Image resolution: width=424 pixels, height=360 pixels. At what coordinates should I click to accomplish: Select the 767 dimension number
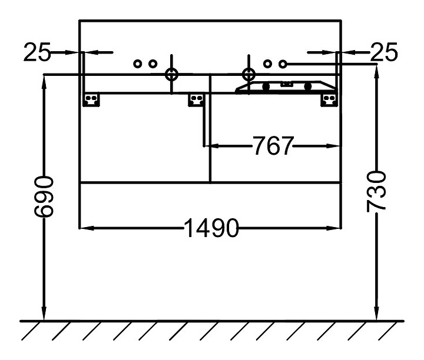click(x=273, y=145)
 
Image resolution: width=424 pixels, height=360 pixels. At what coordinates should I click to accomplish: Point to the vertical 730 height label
click(x=376, y=191)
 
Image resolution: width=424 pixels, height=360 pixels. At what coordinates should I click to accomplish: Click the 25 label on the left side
click(x=37, y=53)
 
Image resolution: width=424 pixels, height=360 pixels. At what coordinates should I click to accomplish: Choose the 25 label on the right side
click(x=385, y=53)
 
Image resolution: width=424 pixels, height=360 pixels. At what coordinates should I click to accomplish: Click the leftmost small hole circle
click(x=138, y=64)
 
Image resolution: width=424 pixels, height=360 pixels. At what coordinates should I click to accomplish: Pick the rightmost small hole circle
click(x=283, y=63)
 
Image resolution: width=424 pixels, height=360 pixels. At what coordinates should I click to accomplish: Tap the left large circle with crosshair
click(x=172, y=75)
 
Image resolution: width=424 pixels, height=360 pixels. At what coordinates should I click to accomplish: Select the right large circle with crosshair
click(x=249, y=75)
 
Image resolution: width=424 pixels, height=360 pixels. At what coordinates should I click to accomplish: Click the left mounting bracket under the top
click(x=91, y=99)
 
